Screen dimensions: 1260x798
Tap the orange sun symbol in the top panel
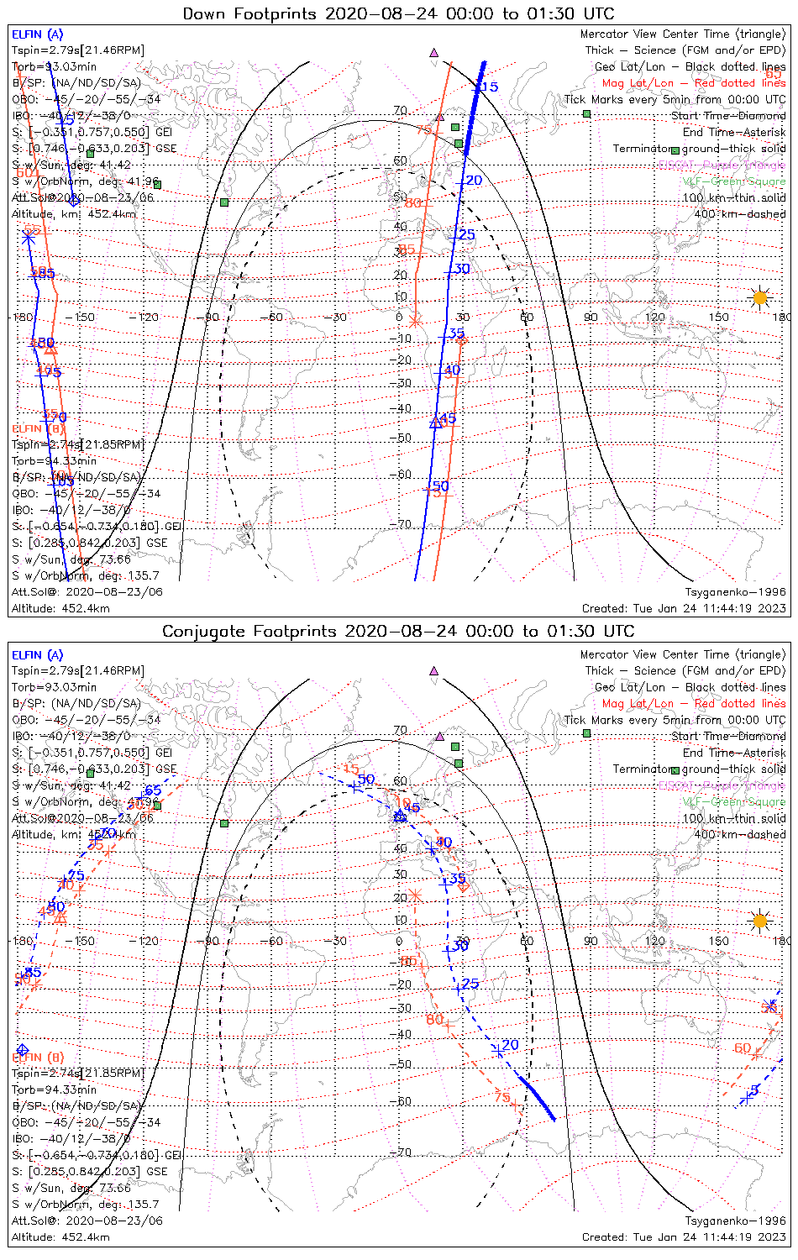pyautogui.click(x=760, y=297)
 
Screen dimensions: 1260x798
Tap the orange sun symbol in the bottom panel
pyautogui.click(x=760, y=921)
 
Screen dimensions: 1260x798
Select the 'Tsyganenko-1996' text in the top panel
pyautogui.click(x=736, y=591)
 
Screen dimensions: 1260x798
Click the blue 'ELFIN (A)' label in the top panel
pyautogui.click(x=37, y=34)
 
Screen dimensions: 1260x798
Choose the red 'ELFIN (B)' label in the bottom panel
pyautogui.click(x=38, y=1057)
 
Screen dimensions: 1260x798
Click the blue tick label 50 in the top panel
pyautogui.click(x=441, y=486)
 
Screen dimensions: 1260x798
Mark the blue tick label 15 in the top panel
pyautogui.click(x=490, y=87)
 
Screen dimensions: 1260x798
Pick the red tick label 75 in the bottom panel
pyautogui.click(x=501, y=1097)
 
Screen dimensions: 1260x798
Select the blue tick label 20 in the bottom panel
pyautogui.click(x=510, y=1045)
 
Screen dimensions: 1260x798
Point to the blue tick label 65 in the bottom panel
pyautogui.click(x=153, y=790)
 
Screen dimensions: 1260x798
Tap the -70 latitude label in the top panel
pyautogui.click(x=403, y=524)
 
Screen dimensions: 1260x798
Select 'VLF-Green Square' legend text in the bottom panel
pyautogui.click(x=733, y=802)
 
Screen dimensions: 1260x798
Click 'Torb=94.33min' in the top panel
pyautogui.click(x=54, y=461)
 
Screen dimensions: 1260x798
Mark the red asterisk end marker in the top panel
pyautogui.click(x=414, y=320)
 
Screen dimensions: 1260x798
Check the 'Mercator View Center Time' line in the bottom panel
pyautogui.click(x=683, y=654)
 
